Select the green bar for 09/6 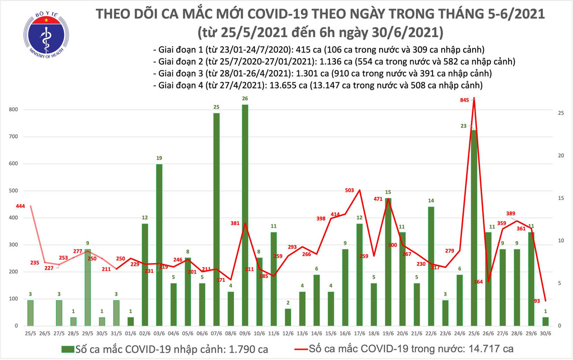(245, 215)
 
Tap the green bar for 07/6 (216, 220)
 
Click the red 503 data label (350, 191)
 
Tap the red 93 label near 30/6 (538, 301)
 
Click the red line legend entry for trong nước (405, 348)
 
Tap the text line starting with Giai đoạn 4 (318, 85)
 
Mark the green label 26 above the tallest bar (245, 99)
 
